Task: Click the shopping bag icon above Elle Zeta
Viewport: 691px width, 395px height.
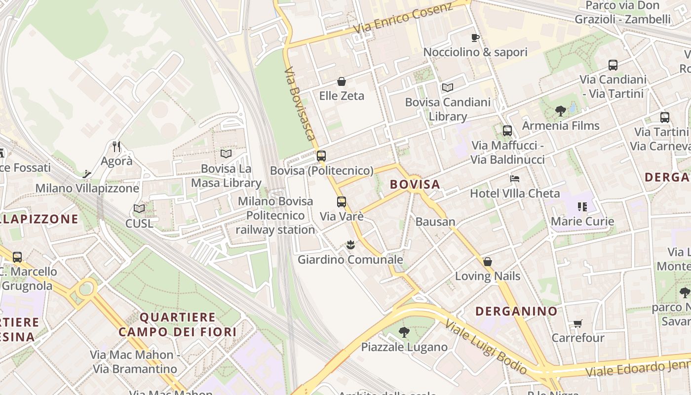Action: click(341, 81)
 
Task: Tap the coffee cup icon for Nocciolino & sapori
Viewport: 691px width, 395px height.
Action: click(475, 38)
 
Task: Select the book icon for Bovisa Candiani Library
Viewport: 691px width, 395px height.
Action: click(448, 87)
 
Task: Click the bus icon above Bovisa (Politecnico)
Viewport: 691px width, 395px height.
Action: click(321, 156)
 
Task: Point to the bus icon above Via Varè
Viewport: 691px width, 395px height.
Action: click(341, 201)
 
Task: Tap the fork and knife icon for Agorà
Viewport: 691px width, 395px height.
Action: click(116, 146)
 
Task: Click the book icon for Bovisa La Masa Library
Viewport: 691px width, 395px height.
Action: click(226, 154)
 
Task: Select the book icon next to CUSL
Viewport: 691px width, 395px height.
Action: click(139, 209)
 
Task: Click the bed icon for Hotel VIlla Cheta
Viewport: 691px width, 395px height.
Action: click(515, 178)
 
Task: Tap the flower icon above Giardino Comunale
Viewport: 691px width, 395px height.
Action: click(350, 244)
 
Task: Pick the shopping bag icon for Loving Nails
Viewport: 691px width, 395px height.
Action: click(487, 261)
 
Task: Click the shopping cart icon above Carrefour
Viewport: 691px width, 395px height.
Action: click(577, 323)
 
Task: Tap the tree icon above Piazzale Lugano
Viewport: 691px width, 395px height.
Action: click(404, 332)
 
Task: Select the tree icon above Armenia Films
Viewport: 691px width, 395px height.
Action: click(560, 111)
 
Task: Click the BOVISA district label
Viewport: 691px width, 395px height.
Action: click(415, 185)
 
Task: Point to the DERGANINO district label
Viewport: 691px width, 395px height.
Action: click(516, 311)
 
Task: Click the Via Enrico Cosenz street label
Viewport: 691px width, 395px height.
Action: click(403, 19)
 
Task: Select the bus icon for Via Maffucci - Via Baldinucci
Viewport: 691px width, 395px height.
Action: click(507, 131)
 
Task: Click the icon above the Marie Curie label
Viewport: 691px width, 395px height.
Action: click(582, 207)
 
